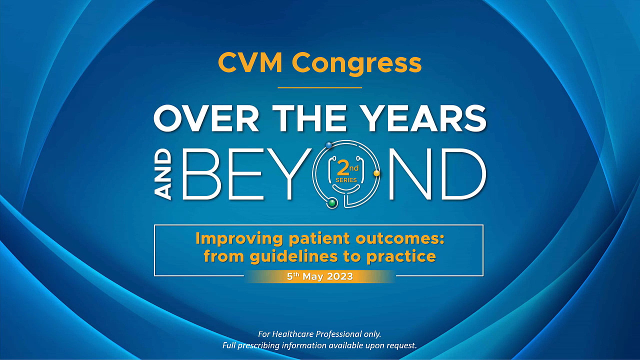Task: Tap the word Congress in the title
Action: [356, 63]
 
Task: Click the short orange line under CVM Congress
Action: [319, 87]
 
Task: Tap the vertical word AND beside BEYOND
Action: [164, 176]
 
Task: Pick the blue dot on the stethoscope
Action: [329, 145]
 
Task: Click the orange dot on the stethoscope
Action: [376, 173]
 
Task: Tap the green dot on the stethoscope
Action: [331, 202]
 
